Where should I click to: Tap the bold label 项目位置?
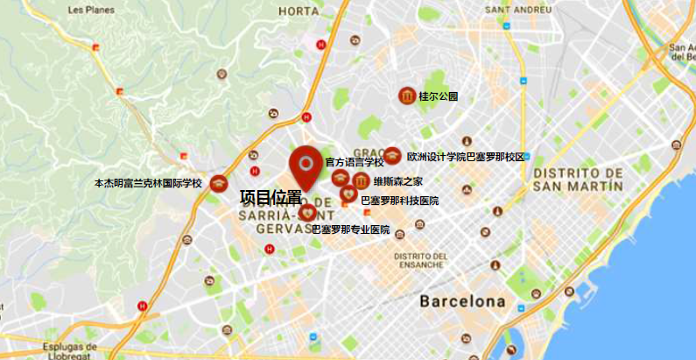click(271, 198)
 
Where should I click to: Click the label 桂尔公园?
click(439, 96)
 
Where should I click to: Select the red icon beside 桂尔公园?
click(407, 95)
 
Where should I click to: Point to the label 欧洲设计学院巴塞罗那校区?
click(466, 157)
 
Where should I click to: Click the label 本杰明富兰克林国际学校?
click(148, 184)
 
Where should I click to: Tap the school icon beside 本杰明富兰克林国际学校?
click(219, 184)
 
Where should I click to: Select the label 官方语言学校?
click(355, 162)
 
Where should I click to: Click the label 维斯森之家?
click(398, 182)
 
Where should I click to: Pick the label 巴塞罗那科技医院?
click(400, 201)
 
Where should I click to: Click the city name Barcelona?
click(462, 301)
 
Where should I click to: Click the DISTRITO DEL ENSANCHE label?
click(421, 260)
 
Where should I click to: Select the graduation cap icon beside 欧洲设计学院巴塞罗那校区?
click(392, 156)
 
